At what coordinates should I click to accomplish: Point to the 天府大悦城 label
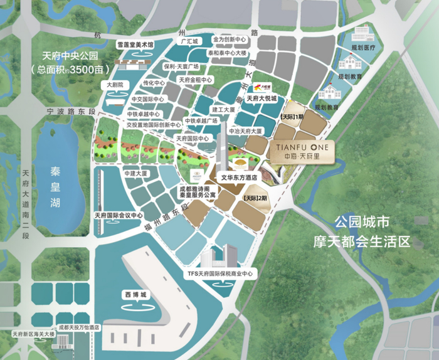[x=261, y=98]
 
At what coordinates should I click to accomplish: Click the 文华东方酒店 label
[x=238, y=177]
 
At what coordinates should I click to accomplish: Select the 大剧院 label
[x=117, y=85]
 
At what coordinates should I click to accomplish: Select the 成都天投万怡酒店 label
[x=79, y=327]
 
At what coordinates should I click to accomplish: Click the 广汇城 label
[x=189, y=41]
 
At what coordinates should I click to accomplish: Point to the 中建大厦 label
[x=136, y=172]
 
